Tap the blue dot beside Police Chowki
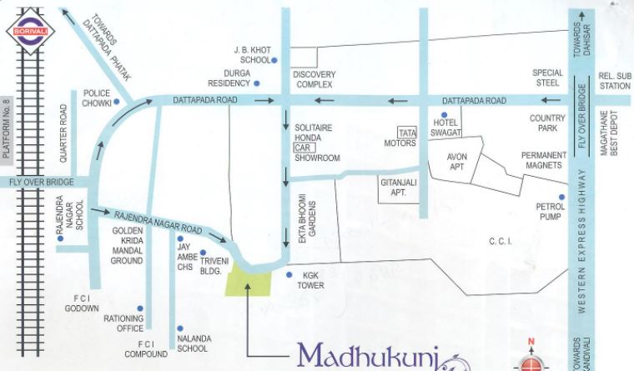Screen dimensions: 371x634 point(117,102)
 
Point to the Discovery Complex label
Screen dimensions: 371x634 point(313,79)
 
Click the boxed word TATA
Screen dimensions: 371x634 point(407,133)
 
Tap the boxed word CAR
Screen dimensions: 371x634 point(301,147)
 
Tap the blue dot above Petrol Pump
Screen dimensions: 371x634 point(562,197)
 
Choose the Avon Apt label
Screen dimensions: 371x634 point(457,162)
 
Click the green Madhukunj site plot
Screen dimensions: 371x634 point(249,279)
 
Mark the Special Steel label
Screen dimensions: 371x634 point(547,78)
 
